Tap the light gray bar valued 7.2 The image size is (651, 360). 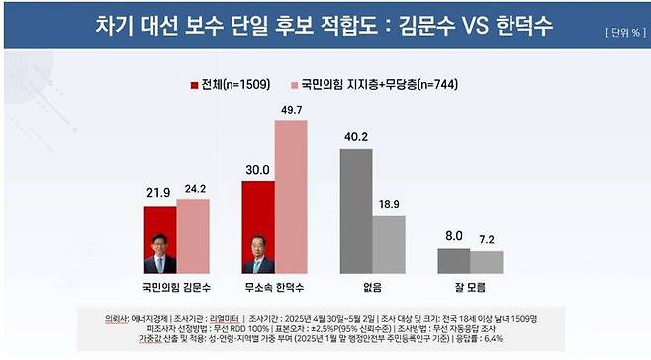486,262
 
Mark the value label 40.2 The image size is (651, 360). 356,137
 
